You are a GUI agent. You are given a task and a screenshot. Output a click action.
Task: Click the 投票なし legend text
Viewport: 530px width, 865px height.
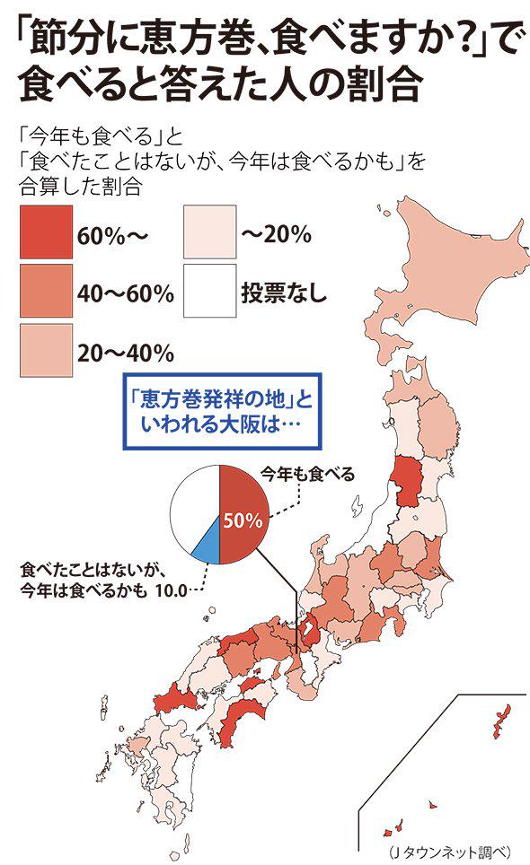tap(284, 293)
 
